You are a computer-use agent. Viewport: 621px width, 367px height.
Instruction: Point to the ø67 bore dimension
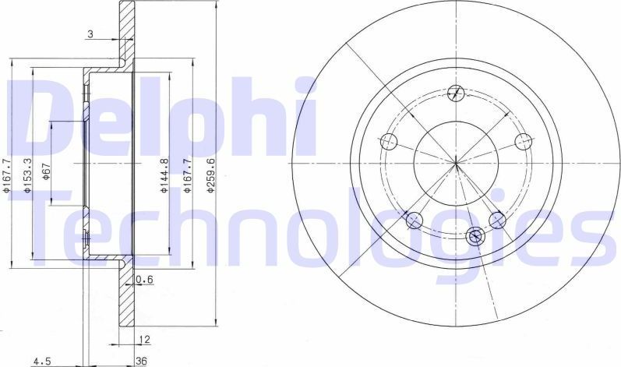(47, 169)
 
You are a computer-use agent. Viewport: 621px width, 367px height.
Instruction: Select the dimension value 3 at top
(91, 34)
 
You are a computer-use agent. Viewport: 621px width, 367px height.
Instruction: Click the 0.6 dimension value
(143, 280)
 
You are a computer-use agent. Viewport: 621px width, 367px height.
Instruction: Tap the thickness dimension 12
(143, 341)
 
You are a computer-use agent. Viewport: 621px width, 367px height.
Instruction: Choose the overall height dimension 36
(142, 360)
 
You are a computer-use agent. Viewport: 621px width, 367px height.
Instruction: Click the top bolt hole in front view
(457, 94)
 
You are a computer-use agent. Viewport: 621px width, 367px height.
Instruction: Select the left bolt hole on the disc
(389, 142)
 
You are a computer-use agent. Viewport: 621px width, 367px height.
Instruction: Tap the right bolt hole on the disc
(524, 141)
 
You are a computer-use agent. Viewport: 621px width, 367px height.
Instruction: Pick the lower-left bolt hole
(415, 220)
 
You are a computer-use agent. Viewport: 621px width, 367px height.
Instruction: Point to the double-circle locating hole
(475, 234)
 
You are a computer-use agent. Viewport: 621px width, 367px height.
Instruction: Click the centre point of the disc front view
(456, 163)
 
